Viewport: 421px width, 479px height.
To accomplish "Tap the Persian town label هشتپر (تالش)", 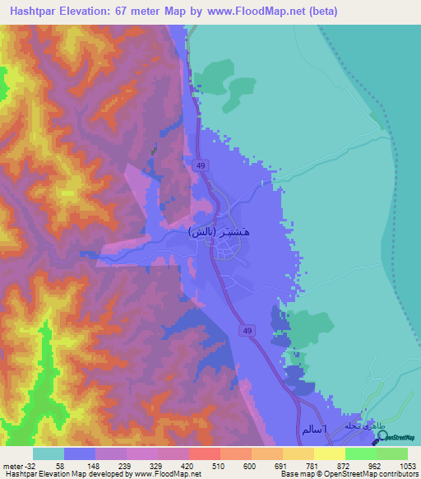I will tap(218, 232).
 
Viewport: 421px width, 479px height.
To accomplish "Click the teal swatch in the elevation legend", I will tap(49, 453).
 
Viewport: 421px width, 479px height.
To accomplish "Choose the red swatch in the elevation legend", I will tap(204, 453).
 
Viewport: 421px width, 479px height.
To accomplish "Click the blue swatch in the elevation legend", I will tap(80, 453).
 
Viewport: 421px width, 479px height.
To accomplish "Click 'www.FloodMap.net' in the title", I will tap(248, 12).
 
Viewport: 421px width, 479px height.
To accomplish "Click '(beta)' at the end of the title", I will tap(319, 12).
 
